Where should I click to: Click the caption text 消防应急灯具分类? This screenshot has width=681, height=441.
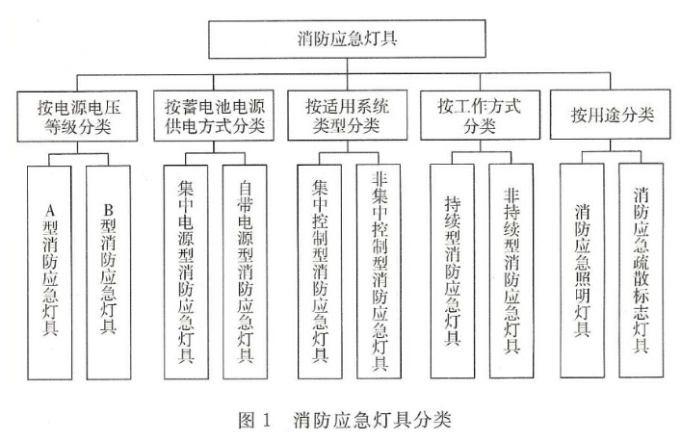click(370, 420)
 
